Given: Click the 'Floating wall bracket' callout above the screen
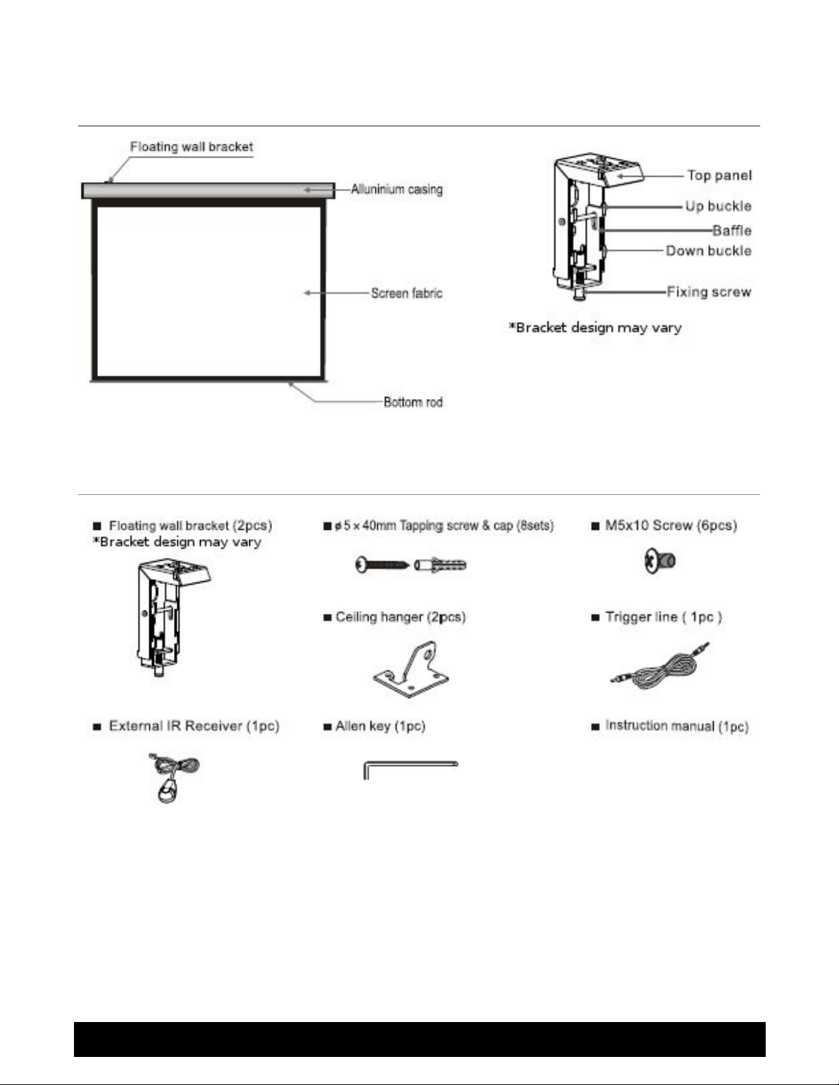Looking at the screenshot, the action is point(192,146).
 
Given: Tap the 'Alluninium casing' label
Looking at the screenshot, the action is point(397,189).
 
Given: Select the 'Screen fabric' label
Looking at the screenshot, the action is point(407,293).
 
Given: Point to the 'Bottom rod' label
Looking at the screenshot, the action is point(413,402).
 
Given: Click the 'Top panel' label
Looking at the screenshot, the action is point(719,176).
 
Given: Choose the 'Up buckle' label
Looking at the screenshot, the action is point(718,206).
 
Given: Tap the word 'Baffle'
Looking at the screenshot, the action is point(732,231).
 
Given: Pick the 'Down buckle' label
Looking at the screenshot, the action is point(709,251).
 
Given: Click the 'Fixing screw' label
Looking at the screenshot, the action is point(709,292).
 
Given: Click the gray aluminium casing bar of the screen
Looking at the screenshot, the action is point(208,191).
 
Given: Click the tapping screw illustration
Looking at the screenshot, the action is point(383,565).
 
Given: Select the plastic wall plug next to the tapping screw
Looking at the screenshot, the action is point(440,565).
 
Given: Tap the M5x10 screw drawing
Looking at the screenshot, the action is point(660,561).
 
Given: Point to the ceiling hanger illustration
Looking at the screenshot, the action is point(410,669).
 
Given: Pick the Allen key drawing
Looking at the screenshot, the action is point(410,763).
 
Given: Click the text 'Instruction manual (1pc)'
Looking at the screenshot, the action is point(677,726).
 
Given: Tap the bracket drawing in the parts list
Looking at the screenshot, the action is point(173,617).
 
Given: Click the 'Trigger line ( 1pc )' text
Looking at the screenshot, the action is point(663,617).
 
